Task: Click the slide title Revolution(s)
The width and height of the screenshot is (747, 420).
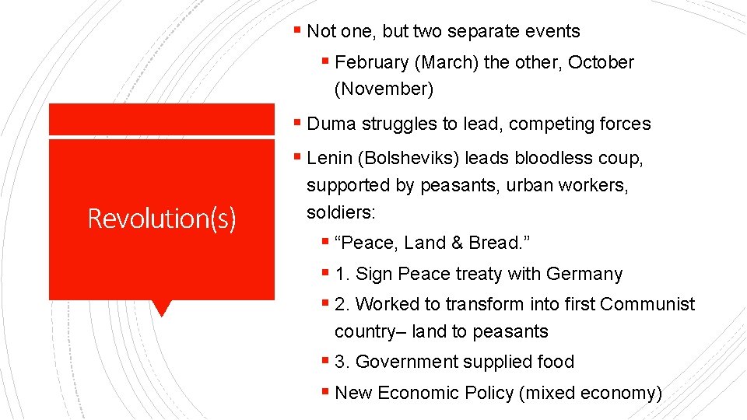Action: (x=161, y=219)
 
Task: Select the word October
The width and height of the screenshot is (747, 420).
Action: (x=601, y=62)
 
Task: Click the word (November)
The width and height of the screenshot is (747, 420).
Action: (x=384, y=89)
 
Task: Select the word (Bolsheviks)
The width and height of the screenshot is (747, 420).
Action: (x=408, y=159)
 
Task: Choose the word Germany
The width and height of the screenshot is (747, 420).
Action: (x=584, y=274)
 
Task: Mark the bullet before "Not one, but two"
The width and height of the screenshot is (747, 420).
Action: (x=297, y=31)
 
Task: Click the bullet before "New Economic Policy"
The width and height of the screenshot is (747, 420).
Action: (x=324, y=392)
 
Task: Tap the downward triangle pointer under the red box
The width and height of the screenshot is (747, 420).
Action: (x=161, y=308)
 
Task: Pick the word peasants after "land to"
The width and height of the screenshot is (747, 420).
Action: (x=509, y=331)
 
